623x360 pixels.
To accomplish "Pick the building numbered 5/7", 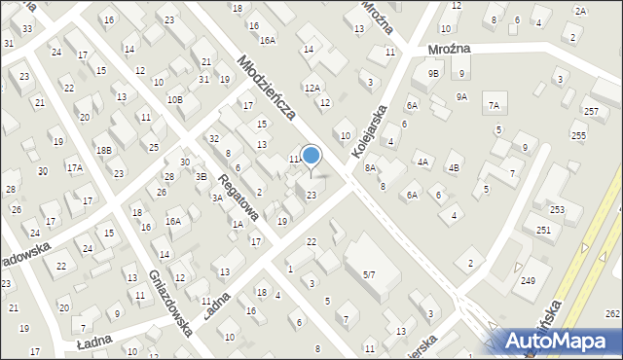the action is (x=369, y=275).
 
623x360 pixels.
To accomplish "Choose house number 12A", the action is (x=311, y=88).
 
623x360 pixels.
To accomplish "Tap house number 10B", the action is (x=174, y=99).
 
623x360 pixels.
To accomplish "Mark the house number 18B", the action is (x=103, y=150).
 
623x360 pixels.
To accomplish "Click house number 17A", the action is (x=74, y=168).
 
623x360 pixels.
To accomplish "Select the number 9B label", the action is (x=433, y=73).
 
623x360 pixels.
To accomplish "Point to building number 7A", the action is (x=494, y=105).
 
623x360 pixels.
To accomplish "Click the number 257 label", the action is (x=591, y=113).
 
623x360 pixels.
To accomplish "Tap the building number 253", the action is (x=557, y=209).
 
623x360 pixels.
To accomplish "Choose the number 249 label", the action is (x=527, y=280).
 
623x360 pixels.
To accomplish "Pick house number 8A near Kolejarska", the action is (x=370, y=167).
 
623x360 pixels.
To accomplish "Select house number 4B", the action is (x=453, y=167).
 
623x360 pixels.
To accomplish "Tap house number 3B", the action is (x=202, y=176).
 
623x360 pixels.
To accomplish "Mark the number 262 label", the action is (x=612, y=313).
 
